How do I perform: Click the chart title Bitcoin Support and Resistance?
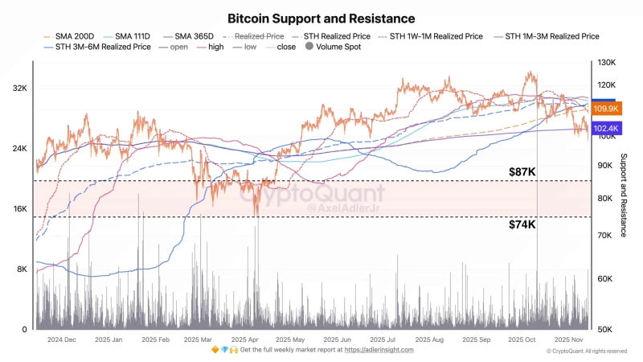click(x=321, y=18)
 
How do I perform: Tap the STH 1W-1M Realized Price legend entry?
click(x=435, y=36)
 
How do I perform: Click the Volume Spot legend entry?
click(x=333, y=47)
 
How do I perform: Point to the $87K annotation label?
click(x=522, y=172)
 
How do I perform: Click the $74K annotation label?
click(x=522, y=225)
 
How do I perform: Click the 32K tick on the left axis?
click(x=19, y=88)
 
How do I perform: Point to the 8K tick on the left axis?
click(x=22, y=269)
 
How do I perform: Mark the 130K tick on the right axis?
click(x=605, y=62)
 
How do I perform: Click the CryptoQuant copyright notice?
click(x=586, y=352)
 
